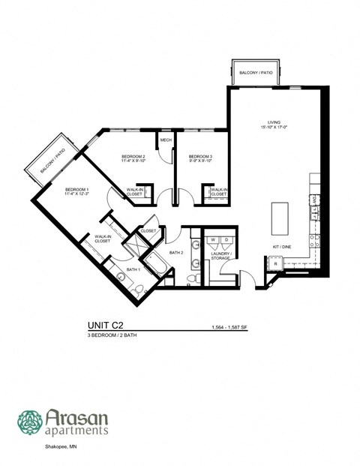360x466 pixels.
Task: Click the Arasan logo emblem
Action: point(29,422)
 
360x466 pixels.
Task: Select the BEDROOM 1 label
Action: point(77,190)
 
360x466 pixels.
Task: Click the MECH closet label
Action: point(165,139)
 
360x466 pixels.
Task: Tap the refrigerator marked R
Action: point(275,264)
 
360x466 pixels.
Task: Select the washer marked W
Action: point(213,239)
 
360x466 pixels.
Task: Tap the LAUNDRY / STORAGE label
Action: point(221,257)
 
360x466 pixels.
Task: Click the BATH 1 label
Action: point(133,269)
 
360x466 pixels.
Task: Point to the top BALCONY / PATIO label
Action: point(255,73)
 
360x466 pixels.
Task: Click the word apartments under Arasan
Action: point(77,431)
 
